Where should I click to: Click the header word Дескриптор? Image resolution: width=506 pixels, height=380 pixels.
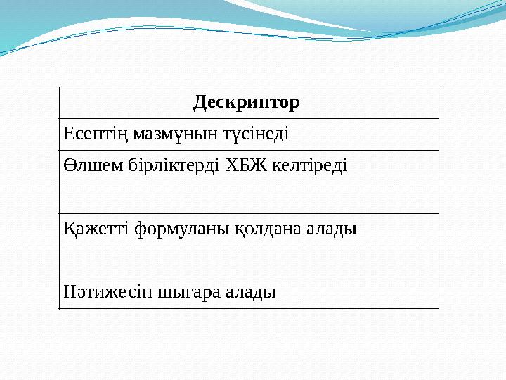[246, 103]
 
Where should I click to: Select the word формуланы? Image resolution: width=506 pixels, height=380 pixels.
[176, 229]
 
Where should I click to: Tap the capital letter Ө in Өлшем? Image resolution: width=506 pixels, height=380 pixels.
[69, 165]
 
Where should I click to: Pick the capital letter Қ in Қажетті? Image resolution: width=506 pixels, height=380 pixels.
[69, 229]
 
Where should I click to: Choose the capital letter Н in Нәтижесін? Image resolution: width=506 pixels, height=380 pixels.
[69, 291]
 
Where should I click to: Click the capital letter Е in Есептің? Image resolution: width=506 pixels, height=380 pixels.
[67, 134]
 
